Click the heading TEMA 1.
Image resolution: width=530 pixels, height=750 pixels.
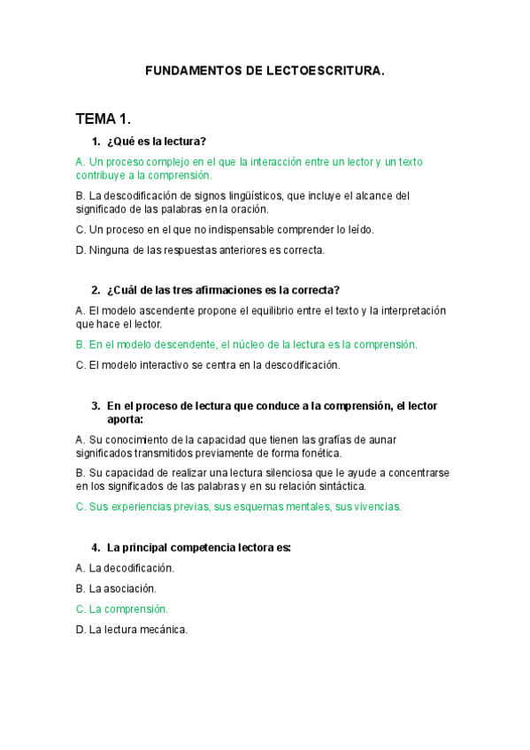click(104, 119)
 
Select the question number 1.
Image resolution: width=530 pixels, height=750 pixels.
click(95, 142)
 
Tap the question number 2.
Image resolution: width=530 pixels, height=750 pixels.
click(95, 290)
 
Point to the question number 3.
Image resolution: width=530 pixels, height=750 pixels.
click(95, 406)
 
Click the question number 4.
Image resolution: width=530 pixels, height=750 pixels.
click(95, 547)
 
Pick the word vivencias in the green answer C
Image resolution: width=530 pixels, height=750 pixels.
click(378, 507)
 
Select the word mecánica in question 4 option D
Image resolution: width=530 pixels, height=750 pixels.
click(164, 630)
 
